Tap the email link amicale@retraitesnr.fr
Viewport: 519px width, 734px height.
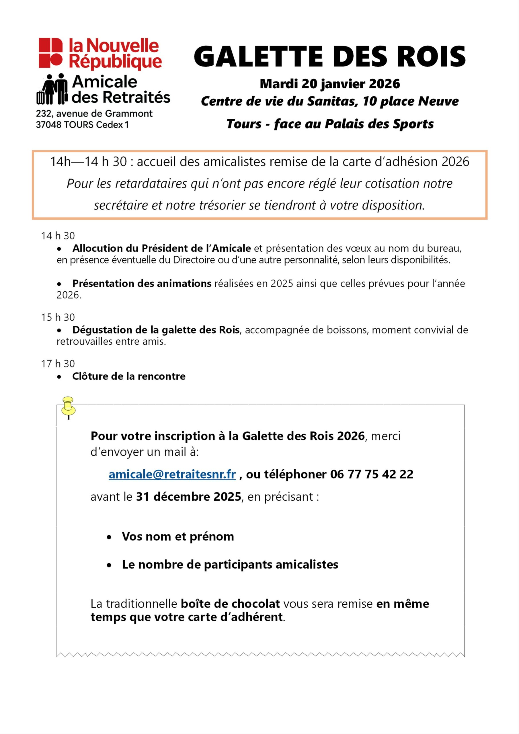172,475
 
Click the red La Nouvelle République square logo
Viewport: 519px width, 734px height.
50,53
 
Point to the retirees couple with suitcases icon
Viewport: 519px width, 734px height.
52,89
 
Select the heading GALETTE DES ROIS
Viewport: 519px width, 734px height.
329,56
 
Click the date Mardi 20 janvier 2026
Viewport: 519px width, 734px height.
330,84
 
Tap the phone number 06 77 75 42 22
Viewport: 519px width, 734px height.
372,475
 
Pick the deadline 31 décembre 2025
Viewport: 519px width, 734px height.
189,497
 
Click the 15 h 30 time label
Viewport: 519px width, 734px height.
58,317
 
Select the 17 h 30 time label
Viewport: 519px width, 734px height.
58,364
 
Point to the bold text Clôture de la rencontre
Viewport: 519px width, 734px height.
128,376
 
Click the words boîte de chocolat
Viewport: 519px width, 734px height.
230,604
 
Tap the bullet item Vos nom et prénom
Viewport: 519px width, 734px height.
178,536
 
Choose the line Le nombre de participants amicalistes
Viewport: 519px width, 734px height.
230,565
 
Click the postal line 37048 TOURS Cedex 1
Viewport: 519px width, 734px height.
82,125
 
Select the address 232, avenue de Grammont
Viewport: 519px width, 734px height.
94,114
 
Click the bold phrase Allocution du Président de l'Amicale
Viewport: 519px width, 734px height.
161,248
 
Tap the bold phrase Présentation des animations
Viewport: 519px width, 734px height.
142,284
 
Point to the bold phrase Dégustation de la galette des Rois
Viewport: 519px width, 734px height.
156,330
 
